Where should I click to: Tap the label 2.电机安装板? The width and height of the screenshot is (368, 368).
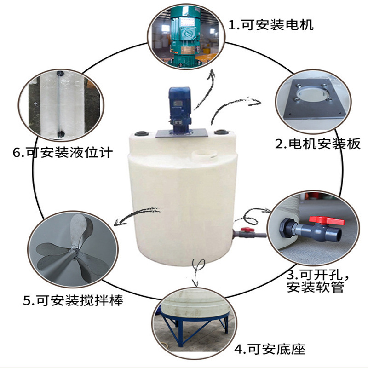[x=317, y=144]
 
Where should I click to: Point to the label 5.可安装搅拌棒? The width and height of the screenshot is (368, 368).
[x=74, y=301]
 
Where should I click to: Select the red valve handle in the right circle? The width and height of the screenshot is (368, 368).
[x=320, y=220]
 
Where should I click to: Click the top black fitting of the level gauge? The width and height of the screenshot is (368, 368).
[x=59, y=74]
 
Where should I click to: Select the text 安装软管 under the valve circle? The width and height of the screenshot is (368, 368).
[x=315, y=288]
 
